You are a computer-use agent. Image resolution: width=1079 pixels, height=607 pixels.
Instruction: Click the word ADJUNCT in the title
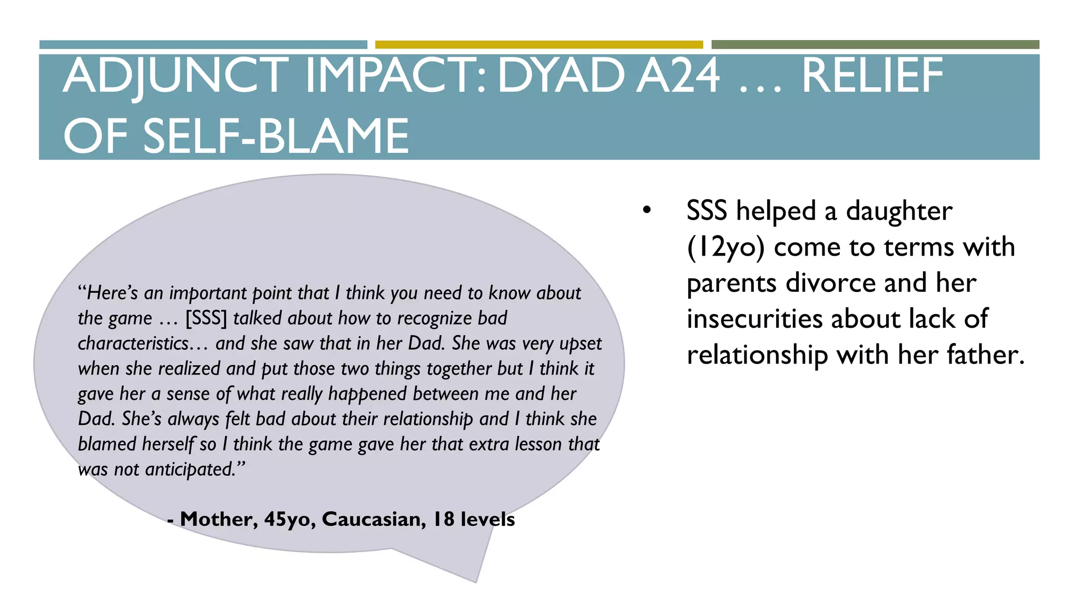click(x=176, y=76)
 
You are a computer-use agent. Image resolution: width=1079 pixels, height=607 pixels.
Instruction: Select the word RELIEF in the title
click(x=872, y=76)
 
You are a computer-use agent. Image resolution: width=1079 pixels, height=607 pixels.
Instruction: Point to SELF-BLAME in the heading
click(x=276, y=136)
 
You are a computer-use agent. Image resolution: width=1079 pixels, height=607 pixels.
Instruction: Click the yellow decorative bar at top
click(x=538, y=45)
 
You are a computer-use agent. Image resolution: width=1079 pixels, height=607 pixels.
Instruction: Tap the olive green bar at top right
click(x=875, y=45)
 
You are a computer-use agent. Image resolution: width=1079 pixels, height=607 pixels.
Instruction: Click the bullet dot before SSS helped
click(x=647, y=211)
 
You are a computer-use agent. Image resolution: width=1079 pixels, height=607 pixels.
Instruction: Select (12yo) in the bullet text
click(x=725, y=247)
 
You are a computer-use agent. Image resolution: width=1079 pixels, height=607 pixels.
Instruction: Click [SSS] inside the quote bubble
click(x=206, y=318)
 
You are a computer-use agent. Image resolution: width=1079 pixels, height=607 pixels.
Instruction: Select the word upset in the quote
click(x=581, y=344)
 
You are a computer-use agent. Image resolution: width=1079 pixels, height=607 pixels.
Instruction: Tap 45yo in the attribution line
click(x=289, y=520)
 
